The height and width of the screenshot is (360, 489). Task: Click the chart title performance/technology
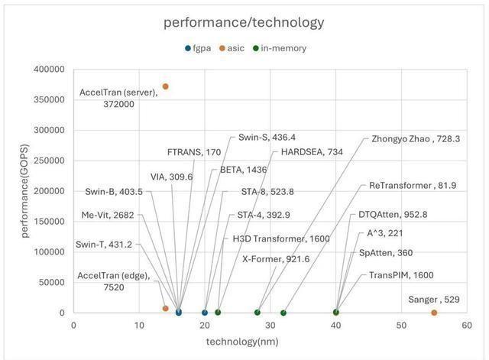click(x=244, y=22)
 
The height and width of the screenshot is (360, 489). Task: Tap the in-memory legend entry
click(x=280, y=48)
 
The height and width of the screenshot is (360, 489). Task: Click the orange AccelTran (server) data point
click(x=165, y=86)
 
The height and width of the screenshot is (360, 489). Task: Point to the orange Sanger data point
click(x=434, y=313)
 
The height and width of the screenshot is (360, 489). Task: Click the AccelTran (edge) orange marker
click(x=165, y=308)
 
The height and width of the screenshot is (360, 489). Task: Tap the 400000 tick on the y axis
click(x=50, y=70)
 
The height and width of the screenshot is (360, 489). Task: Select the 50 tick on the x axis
click(x=401, y=325)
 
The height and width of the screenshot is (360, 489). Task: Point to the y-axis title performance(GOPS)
click(x=25, y=191)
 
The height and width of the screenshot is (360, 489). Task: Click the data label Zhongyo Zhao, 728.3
click(x=416, y=139)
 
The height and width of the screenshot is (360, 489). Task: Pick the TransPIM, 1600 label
click(x=401, y=275)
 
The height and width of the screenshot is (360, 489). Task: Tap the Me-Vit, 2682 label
click(x=107, y=215)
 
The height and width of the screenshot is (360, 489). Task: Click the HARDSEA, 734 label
click(x=312, y=152)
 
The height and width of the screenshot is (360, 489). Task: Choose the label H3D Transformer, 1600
click(x=281, y=239)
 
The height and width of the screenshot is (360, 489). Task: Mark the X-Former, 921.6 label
click(x=276, y=259)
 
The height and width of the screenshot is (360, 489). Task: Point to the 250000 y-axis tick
click(x=50, y=161)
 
